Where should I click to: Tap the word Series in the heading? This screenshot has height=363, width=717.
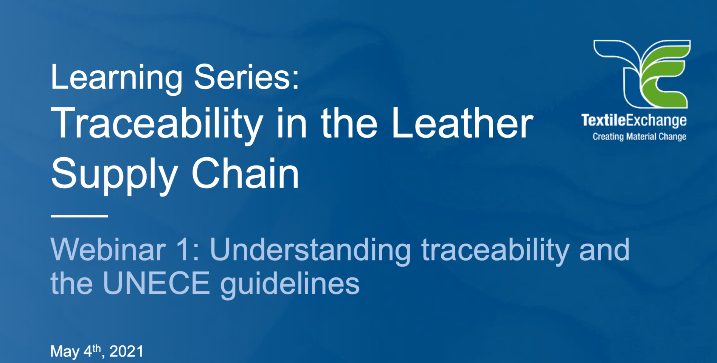[x=246, y=77]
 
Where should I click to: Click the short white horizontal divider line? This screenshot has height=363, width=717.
[x=79, y=216]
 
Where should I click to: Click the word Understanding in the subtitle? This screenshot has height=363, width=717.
[x=310, y=250]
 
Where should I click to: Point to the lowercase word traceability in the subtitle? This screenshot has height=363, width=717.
[x=495, y=250]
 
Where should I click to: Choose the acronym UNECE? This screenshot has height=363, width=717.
[x=156, y=283]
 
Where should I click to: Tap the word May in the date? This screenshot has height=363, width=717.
[x=65, y=352]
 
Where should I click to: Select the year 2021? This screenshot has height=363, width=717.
[x=126, y=352]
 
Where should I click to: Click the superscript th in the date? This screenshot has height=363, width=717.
[x=97, y=347]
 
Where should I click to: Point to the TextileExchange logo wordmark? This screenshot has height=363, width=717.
[x=634, y=120]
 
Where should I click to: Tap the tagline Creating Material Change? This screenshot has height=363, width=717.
[x=639, y=137]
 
